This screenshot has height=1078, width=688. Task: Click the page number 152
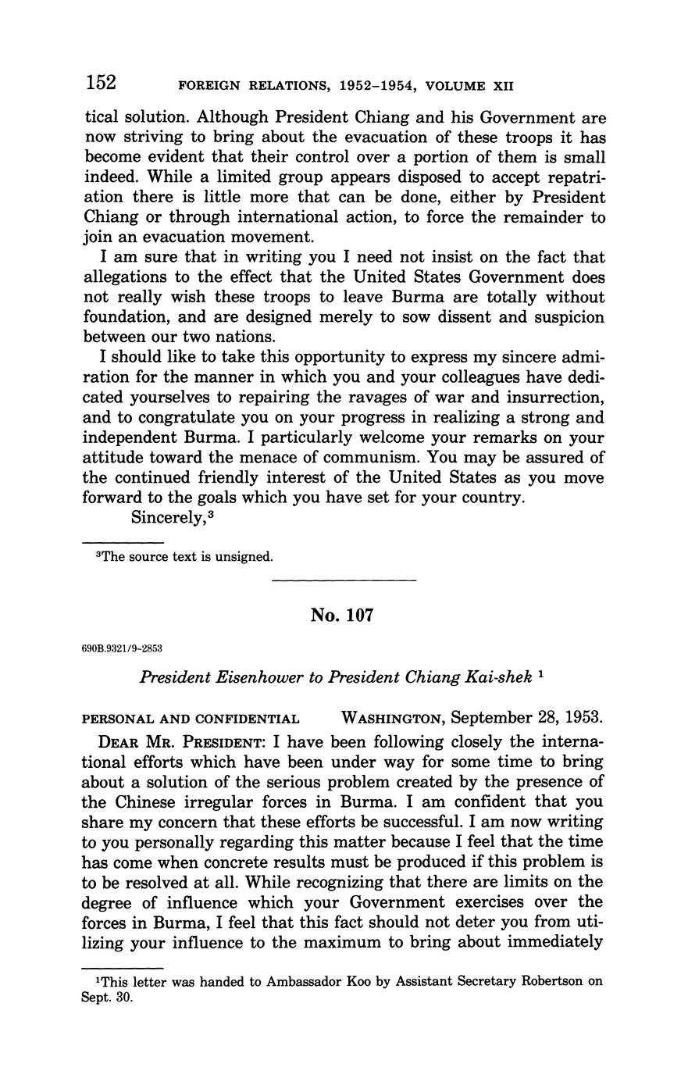click(101, 82)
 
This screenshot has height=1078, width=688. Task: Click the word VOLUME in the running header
click(453, 85)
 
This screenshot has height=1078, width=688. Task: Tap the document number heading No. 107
click(342, 616)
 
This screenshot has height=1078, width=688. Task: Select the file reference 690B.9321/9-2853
click(123, 648)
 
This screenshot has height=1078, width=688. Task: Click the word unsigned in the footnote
click(241, 557)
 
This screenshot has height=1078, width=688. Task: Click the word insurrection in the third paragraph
click(553, 398)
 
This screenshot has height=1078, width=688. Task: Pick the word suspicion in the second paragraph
click(565, 317)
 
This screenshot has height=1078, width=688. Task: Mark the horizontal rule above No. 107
click(344, 580)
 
